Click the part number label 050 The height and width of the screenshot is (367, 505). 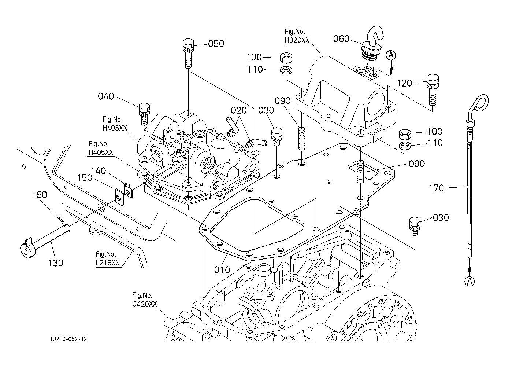tap(216, 44)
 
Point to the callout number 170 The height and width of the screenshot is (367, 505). tap(436, 188)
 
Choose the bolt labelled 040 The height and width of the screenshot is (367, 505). tap(144, 113)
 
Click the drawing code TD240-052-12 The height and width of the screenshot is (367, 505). tap(69, 339)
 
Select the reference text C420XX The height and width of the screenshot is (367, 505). tap(145, 304)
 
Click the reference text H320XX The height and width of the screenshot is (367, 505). tap(297, 40)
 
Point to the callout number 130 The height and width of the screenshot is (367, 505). tap(56, 263)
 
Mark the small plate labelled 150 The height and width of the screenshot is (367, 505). tap(118, 197)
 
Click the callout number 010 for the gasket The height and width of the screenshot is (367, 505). tap(222, 269)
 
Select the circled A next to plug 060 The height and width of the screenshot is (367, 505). tap(391, 55)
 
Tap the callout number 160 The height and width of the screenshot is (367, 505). tap(40, 195)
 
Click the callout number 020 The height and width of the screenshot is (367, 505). tap(238, 110)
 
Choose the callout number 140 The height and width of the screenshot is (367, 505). tap(98, 170)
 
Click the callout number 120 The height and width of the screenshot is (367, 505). tap(405, 84)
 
